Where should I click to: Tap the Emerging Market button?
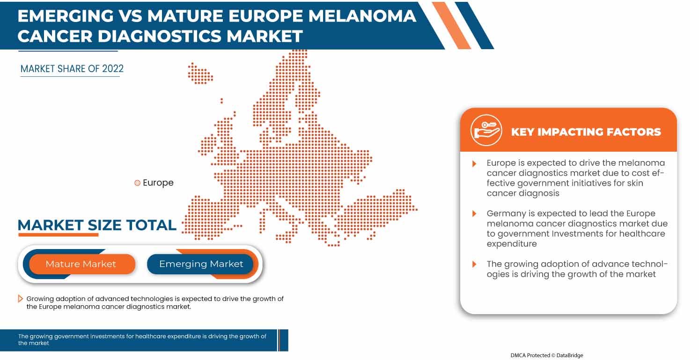click(x=200, y=264)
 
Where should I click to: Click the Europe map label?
click(x=158, y=183)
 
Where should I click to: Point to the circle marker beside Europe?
click(x=137, y=183)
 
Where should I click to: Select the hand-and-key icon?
click(x=486, y=130)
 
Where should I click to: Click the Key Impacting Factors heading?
click(x=586, y=132)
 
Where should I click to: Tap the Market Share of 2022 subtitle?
click(x=72, y=69)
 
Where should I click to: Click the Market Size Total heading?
click(x=97, y=225)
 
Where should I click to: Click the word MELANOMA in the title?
click(x=362, y=16)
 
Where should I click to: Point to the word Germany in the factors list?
click(x=506, y=214)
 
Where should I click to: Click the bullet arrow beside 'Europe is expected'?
click(x=474, y=163)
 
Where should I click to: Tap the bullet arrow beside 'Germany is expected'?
click(x=474, y=213)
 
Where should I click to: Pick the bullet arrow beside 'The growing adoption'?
click(x=474, y=264)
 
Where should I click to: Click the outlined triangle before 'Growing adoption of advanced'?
click(x=20, y=299)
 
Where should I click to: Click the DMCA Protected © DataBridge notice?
click(x=547, y=355)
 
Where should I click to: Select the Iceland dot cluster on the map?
click(x=200, y=73)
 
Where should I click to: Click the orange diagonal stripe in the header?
click(x=451, y=25)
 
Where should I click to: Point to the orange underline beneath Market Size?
click(x=59, y=235)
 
